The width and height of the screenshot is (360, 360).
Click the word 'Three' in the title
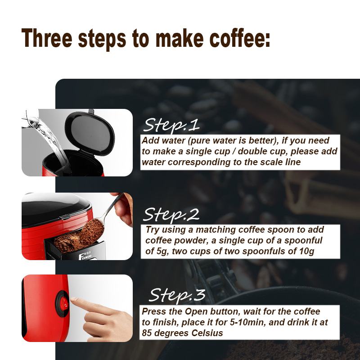47,38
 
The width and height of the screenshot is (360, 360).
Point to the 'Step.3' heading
177,295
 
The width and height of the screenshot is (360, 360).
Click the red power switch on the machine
63,305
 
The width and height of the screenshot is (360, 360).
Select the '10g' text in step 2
306,252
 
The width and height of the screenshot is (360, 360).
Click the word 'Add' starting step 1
150,140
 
